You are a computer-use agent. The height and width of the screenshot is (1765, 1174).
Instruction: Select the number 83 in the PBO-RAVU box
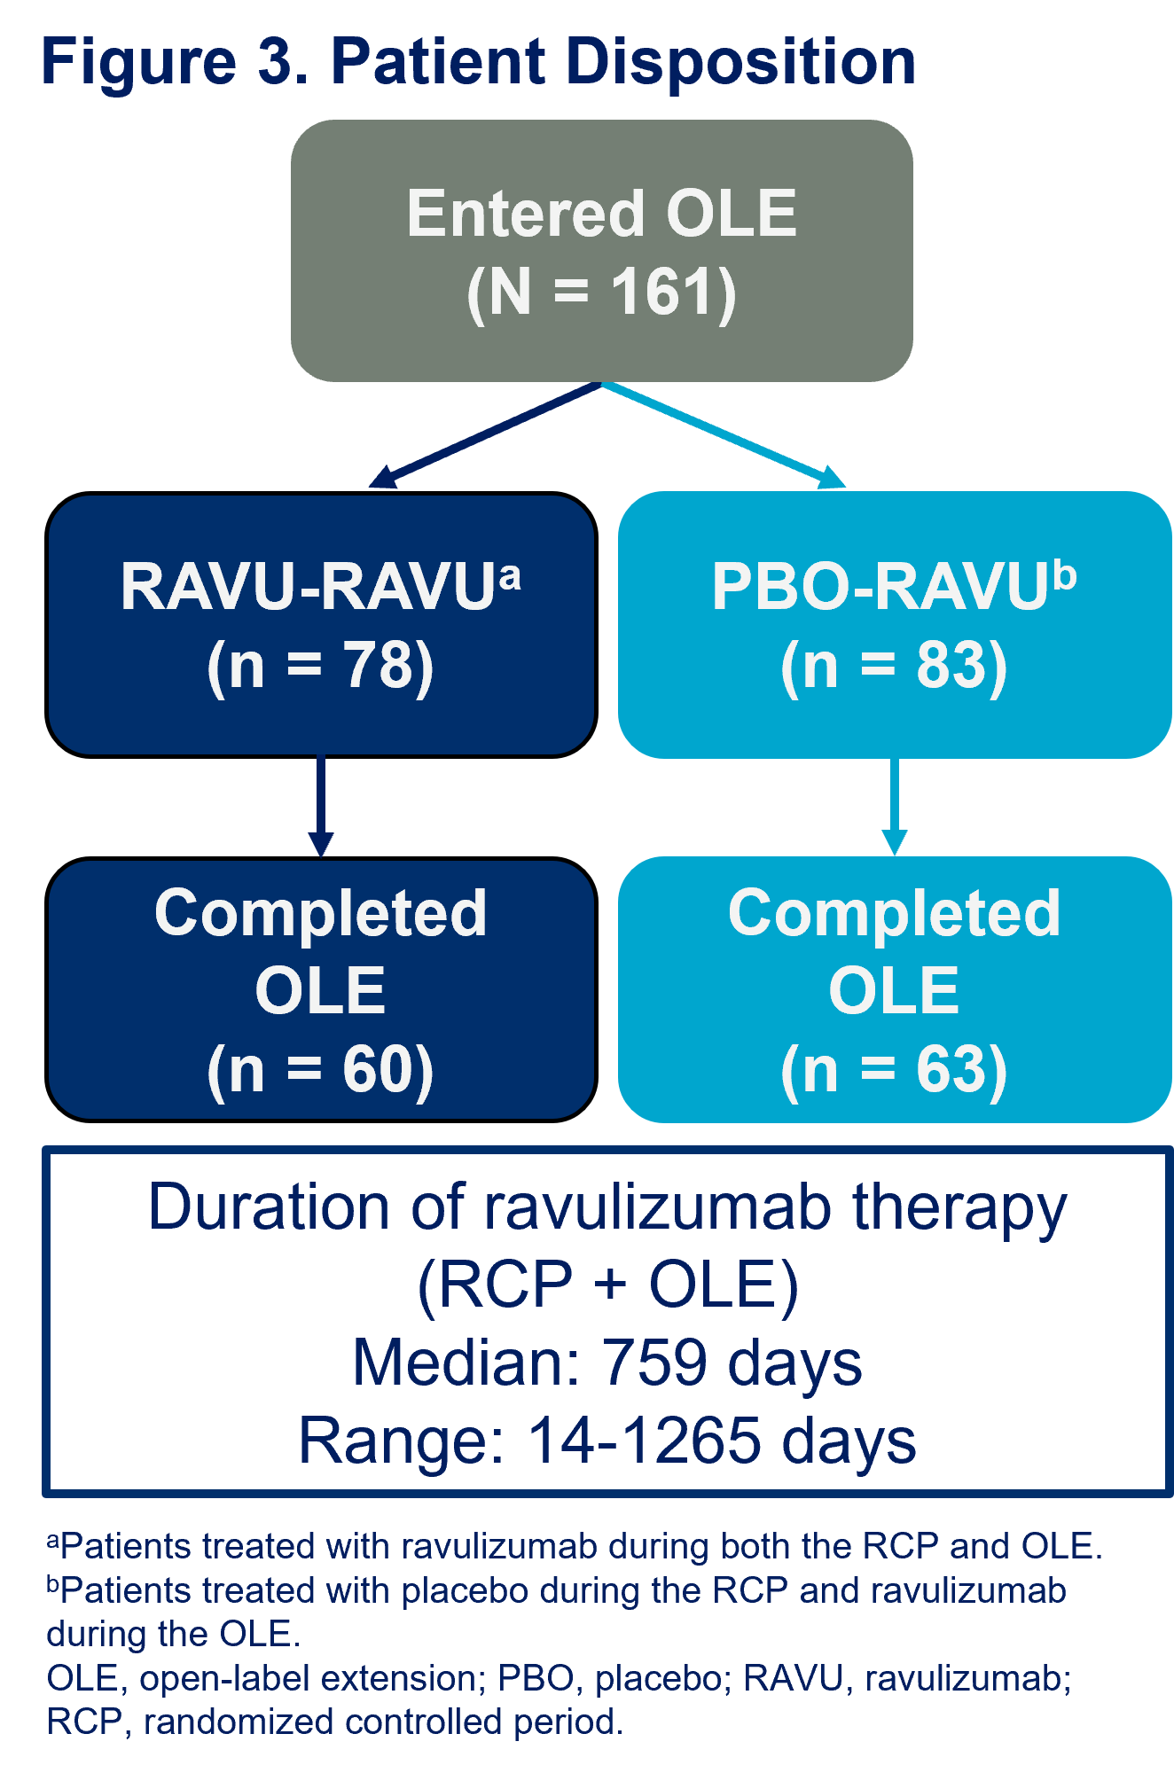coord(951,665)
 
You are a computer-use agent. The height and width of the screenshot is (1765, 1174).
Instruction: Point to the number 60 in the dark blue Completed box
coord(378,1069)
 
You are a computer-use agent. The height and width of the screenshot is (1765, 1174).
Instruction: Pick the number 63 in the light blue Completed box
coord(951,1069)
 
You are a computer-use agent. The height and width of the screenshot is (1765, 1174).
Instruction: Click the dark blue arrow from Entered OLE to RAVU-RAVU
coord(485,434)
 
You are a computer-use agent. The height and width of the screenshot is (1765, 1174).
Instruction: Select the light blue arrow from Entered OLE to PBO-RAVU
coord(724,434)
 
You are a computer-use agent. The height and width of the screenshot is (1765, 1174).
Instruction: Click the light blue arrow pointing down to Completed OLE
coord(894,807)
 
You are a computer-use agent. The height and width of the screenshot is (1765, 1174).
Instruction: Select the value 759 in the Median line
coord(654,1363)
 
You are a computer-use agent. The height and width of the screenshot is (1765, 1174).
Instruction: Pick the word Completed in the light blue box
coord(894,913)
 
